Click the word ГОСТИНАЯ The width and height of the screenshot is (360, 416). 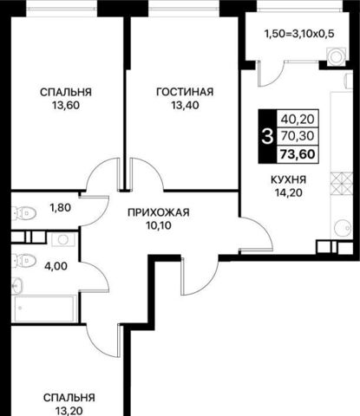point(185,92)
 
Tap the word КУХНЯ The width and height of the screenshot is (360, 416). point(288,179)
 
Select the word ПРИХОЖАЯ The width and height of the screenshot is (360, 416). point(159,212)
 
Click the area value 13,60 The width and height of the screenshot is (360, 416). point(66,106)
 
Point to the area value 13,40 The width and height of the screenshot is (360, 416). point(185,106)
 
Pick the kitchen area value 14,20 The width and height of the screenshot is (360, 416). point(289,192)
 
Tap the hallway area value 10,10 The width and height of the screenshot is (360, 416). point(159,225)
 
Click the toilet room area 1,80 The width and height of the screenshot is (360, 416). point(61,207)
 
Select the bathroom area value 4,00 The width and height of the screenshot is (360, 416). point(56,266)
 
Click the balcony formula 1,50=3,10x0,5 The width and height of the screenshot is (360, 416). point(299,34)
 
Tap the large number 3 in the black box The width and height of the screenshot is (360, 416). point(267,137)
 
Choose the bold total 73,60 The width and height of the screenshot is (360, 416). point(298,154)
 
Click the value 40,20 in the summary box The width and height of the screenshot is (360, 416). point(298,119)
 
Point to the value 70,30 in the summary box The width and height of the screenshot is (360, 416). point(298,136)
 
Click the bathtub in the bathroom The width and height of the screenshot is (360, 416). point(44,309)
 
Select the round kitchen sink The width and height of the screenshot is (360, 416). point(343,228)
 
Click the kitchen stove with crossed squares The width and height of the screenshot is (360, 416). point(342,184)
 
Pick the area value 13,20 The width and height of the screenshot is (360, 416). point(69,411)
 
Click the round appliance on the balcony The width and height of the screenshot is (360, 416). point(336,56)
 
